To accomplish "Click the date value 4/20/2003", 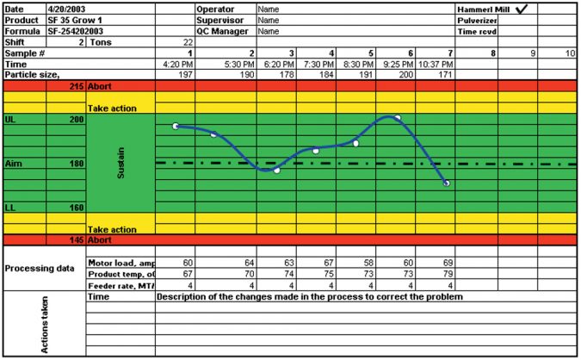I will coord(67,8).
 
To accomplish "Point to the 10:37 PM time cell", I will coord(436,64).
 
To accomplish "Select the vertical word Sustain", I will coord(121,163).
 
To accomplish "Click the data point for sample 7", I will coord(446,183).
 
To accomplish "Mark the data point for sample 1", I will coord(176,127).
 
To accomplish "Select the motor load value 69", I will coord(446,262).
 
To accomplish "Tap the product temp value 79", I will coord(446,273).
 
